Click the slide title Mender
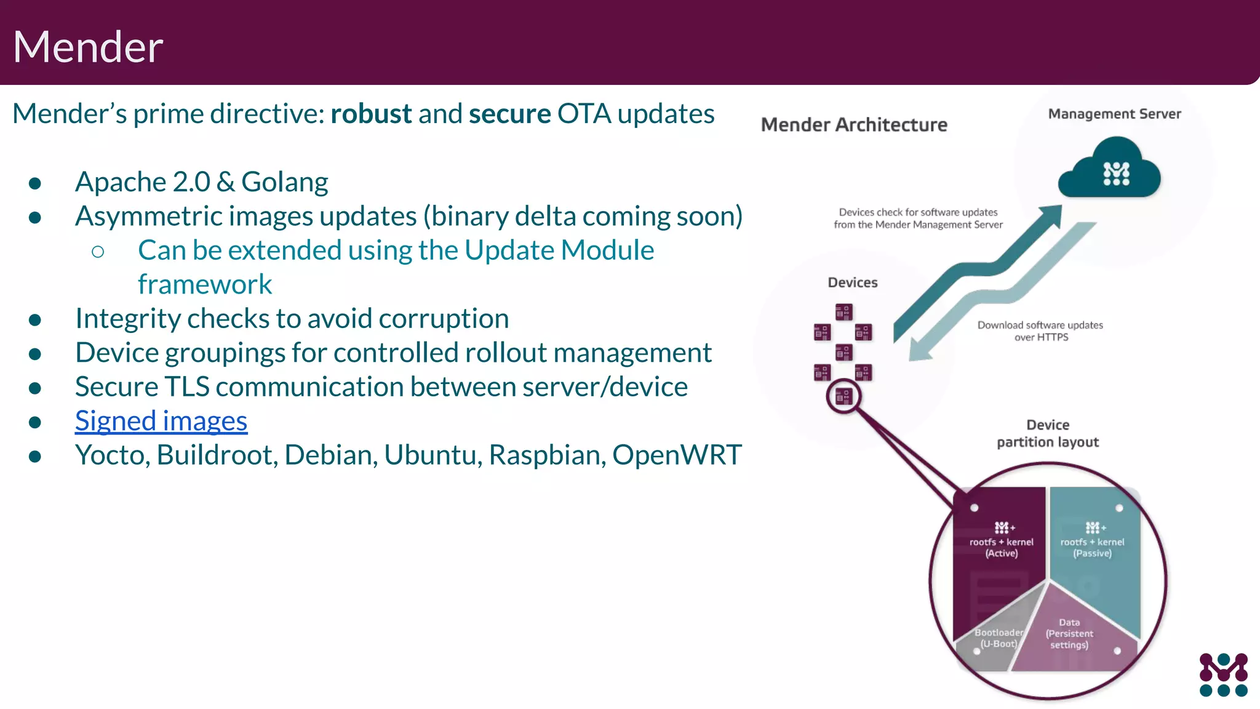88,47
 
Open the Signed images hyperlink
161,421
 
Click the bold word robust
371,114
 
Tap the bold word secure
509,114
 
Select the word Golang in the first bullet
284,182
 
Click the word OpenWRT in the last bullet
677,455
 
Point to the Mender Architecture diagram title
854,125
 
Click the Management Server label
1114,114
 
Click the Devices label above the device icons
852,282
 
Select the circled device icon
843,396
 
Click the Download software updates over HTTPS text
1040,331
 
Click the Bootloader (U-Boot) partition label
999,638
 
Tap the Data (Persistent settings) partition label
1069,634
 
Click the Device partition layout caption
1048,433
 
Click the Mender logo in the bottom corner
1223,675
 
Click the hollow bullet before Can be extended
98,251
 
